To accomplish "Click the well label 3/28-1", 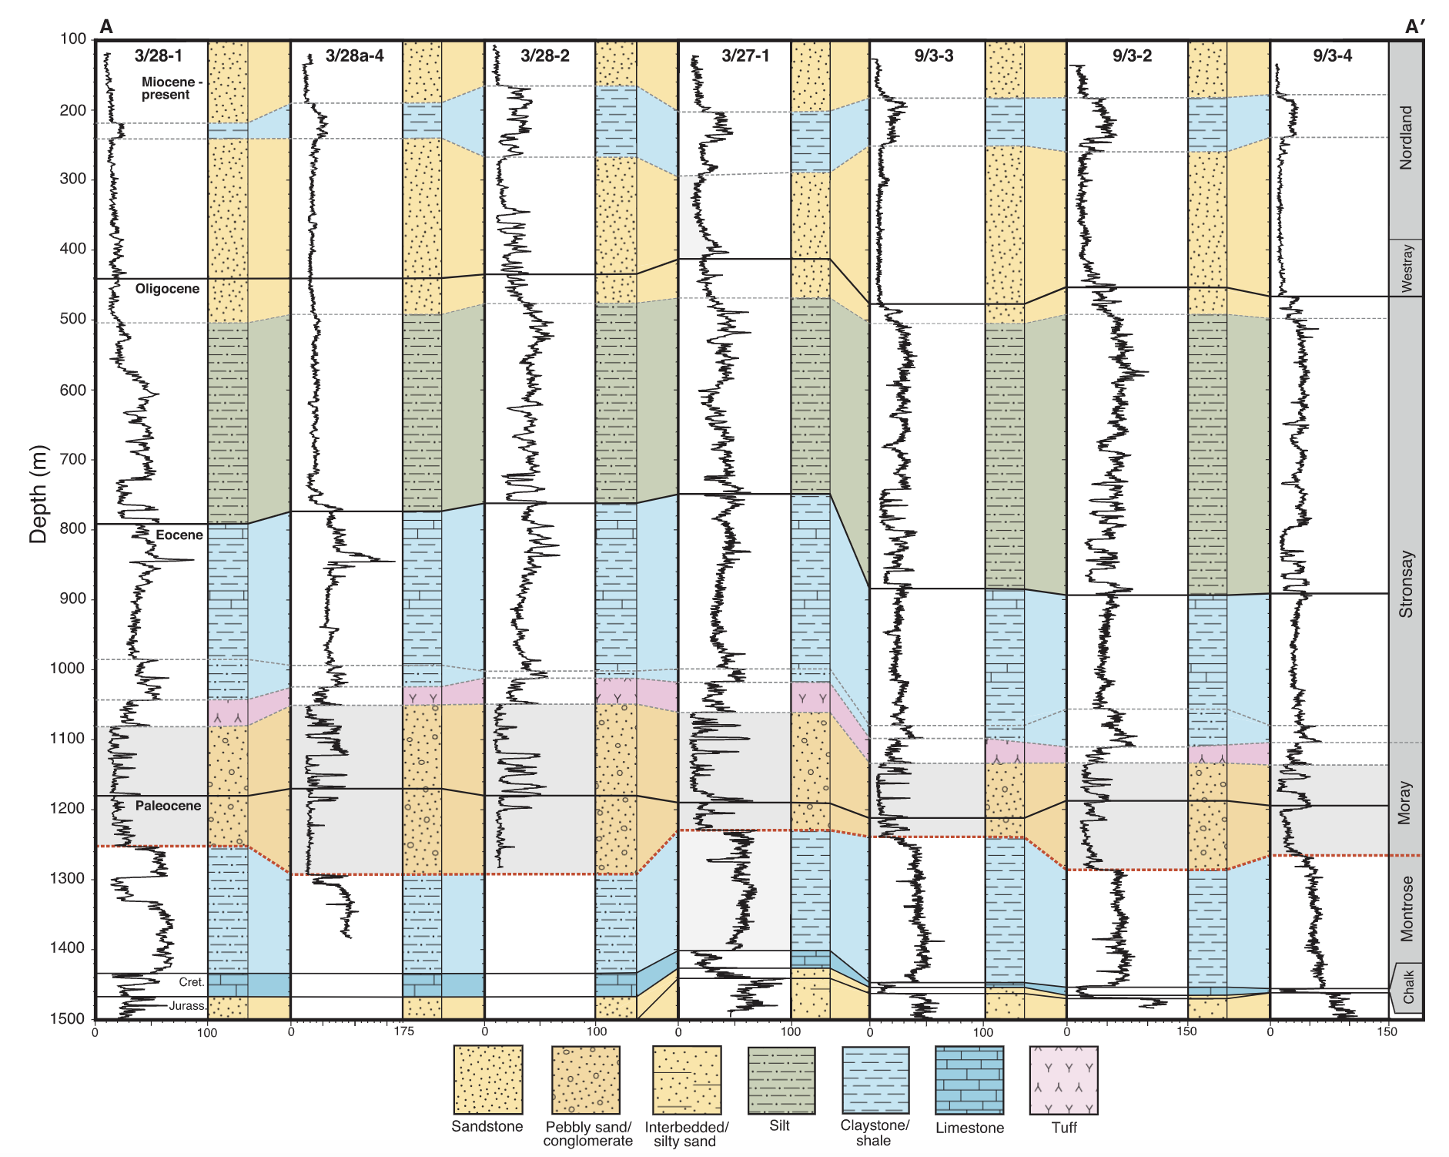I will [x=159, y=55].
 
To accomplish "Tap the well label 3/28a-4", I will [x=354, y=55].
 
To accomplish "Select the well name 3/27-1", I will [x=745, y=55].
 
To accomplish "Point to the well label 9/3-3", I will [x=934, y=55].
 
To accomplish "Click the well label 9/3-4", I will [x=1332, y=55].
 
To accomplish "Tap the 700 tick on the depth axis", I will [x=72, y=460].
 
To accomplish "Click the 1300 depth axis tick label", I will [x=69, y=879].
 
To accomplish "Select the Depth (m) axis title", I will [x=38, y=494].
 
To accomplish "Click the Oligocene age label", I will [x=167, y=289].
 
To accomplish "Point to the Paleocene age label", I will [x=168, y=806].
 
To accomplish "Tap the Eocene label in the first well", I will [x=179, y=535].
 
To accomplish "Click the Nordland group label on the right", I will [x=1406, y=138].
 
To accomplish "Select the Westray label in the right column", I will [x=1407, y=267].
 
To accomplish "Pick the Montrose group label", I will [x=1407, y=908].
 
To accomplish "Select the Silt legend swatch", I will [x=781, y=1080].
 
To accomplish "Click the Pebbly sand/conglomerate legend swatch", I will [x=586, y=1080].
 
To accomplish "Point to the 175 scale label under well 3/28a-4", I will [x=403, y=1031].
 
